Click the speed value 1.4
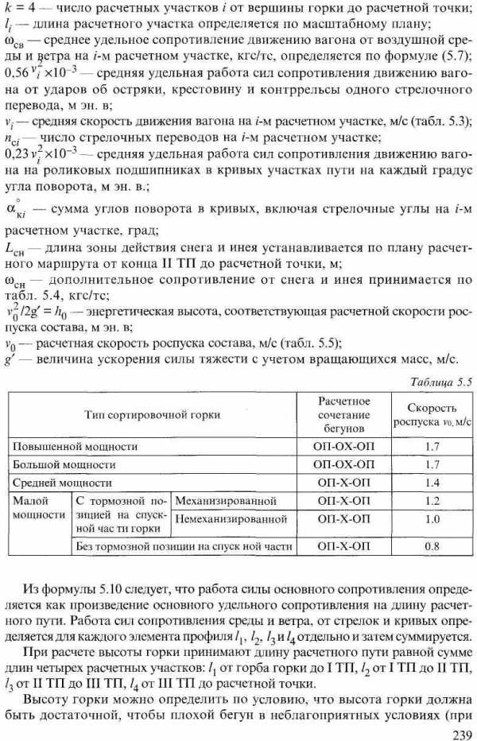click(x=432, y=483)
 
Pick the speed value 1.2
click(x=432, y=501)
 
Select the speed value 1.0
click(x=432, y=519)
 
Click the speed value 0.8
click(x=432, y=547)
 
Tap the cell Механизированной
click(x=226, y=501)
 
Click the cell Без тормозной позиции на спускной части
click(x=183, y=547)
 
